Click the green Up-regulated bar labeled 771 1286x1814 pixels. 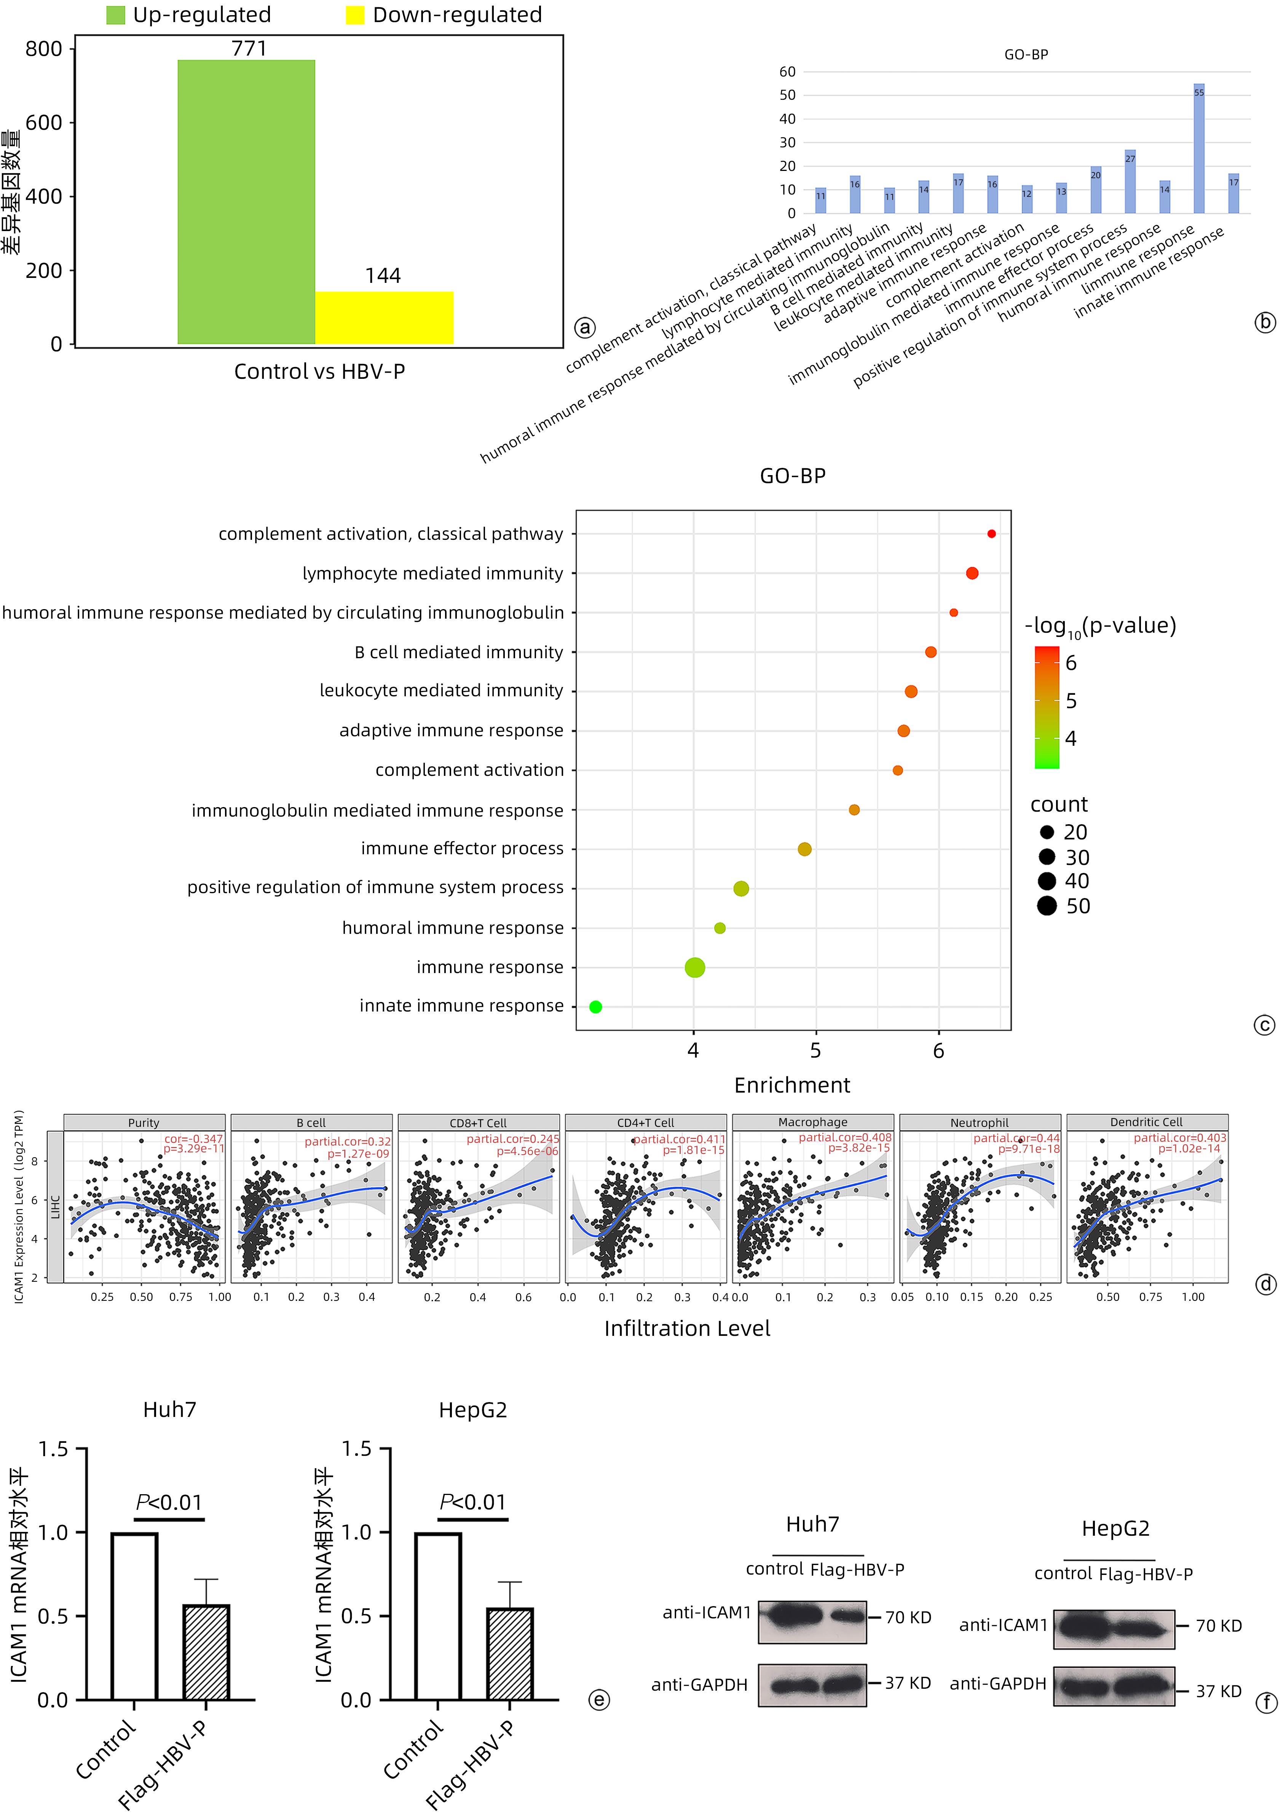click(x=246, y=202)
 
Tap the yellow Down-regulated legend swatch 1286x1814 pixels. click(x=355, y=15)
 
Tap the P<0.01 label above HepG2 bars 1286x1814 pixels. click(x=473, y=1502)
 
